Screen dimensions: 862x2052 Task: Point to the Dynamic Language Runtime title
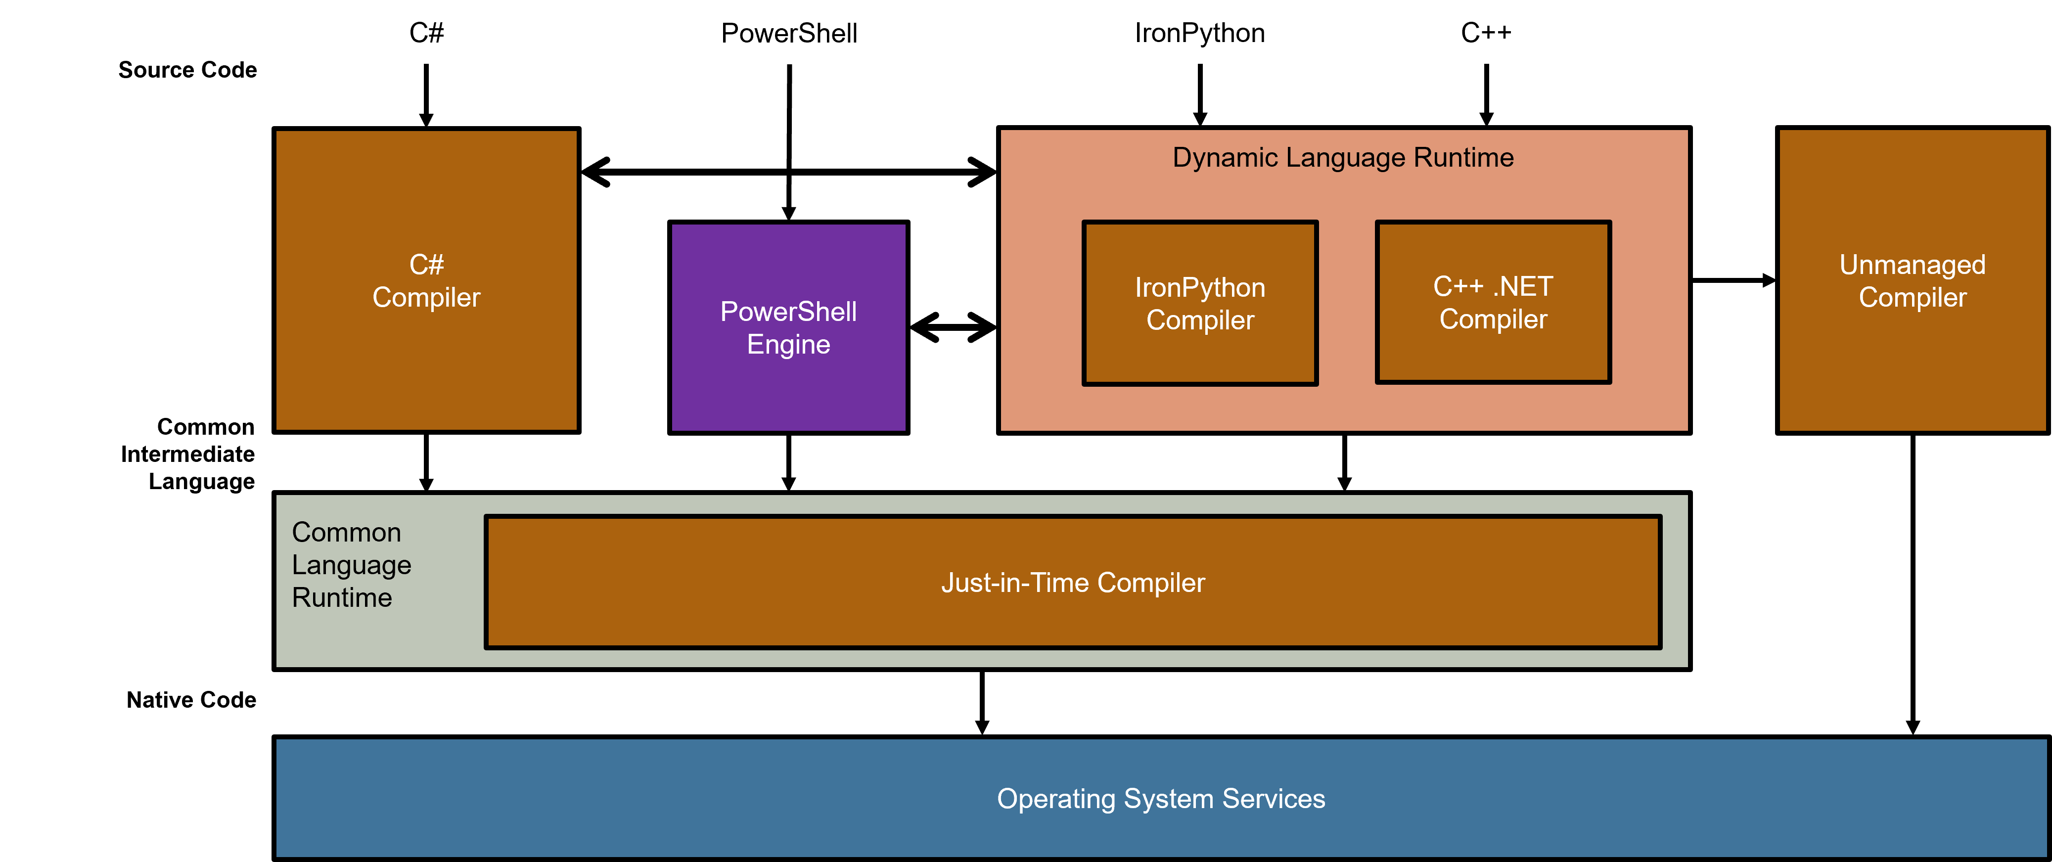pyautogui.click(x=1343, y=158)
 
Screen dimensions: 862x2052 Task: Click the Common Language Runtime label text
pyautogui.click(x=351, y=565)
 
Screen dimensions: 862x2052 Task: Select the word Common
pyautogui.click(x=347, y=532)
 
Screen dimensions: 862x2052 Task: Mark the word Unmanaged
pyautogui.click(x=1912, y=265)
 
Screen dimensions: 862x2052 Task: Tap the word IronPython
pyautogui.click(x=1200, y=288)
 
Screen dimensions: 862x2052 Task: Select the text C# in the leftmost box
pyautogui.click(x=426, y=265)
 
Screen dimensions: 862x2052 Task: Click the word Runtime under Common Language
pyautogui.click(x=342, y=597)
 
